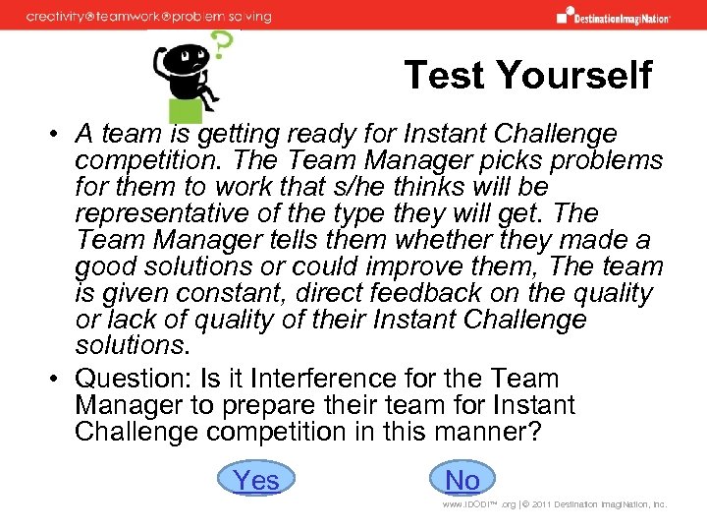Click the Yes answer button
256,480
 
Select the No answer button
462,480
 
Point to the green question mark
224,43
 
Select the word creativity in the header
62,17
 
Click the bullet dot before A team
60,135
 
